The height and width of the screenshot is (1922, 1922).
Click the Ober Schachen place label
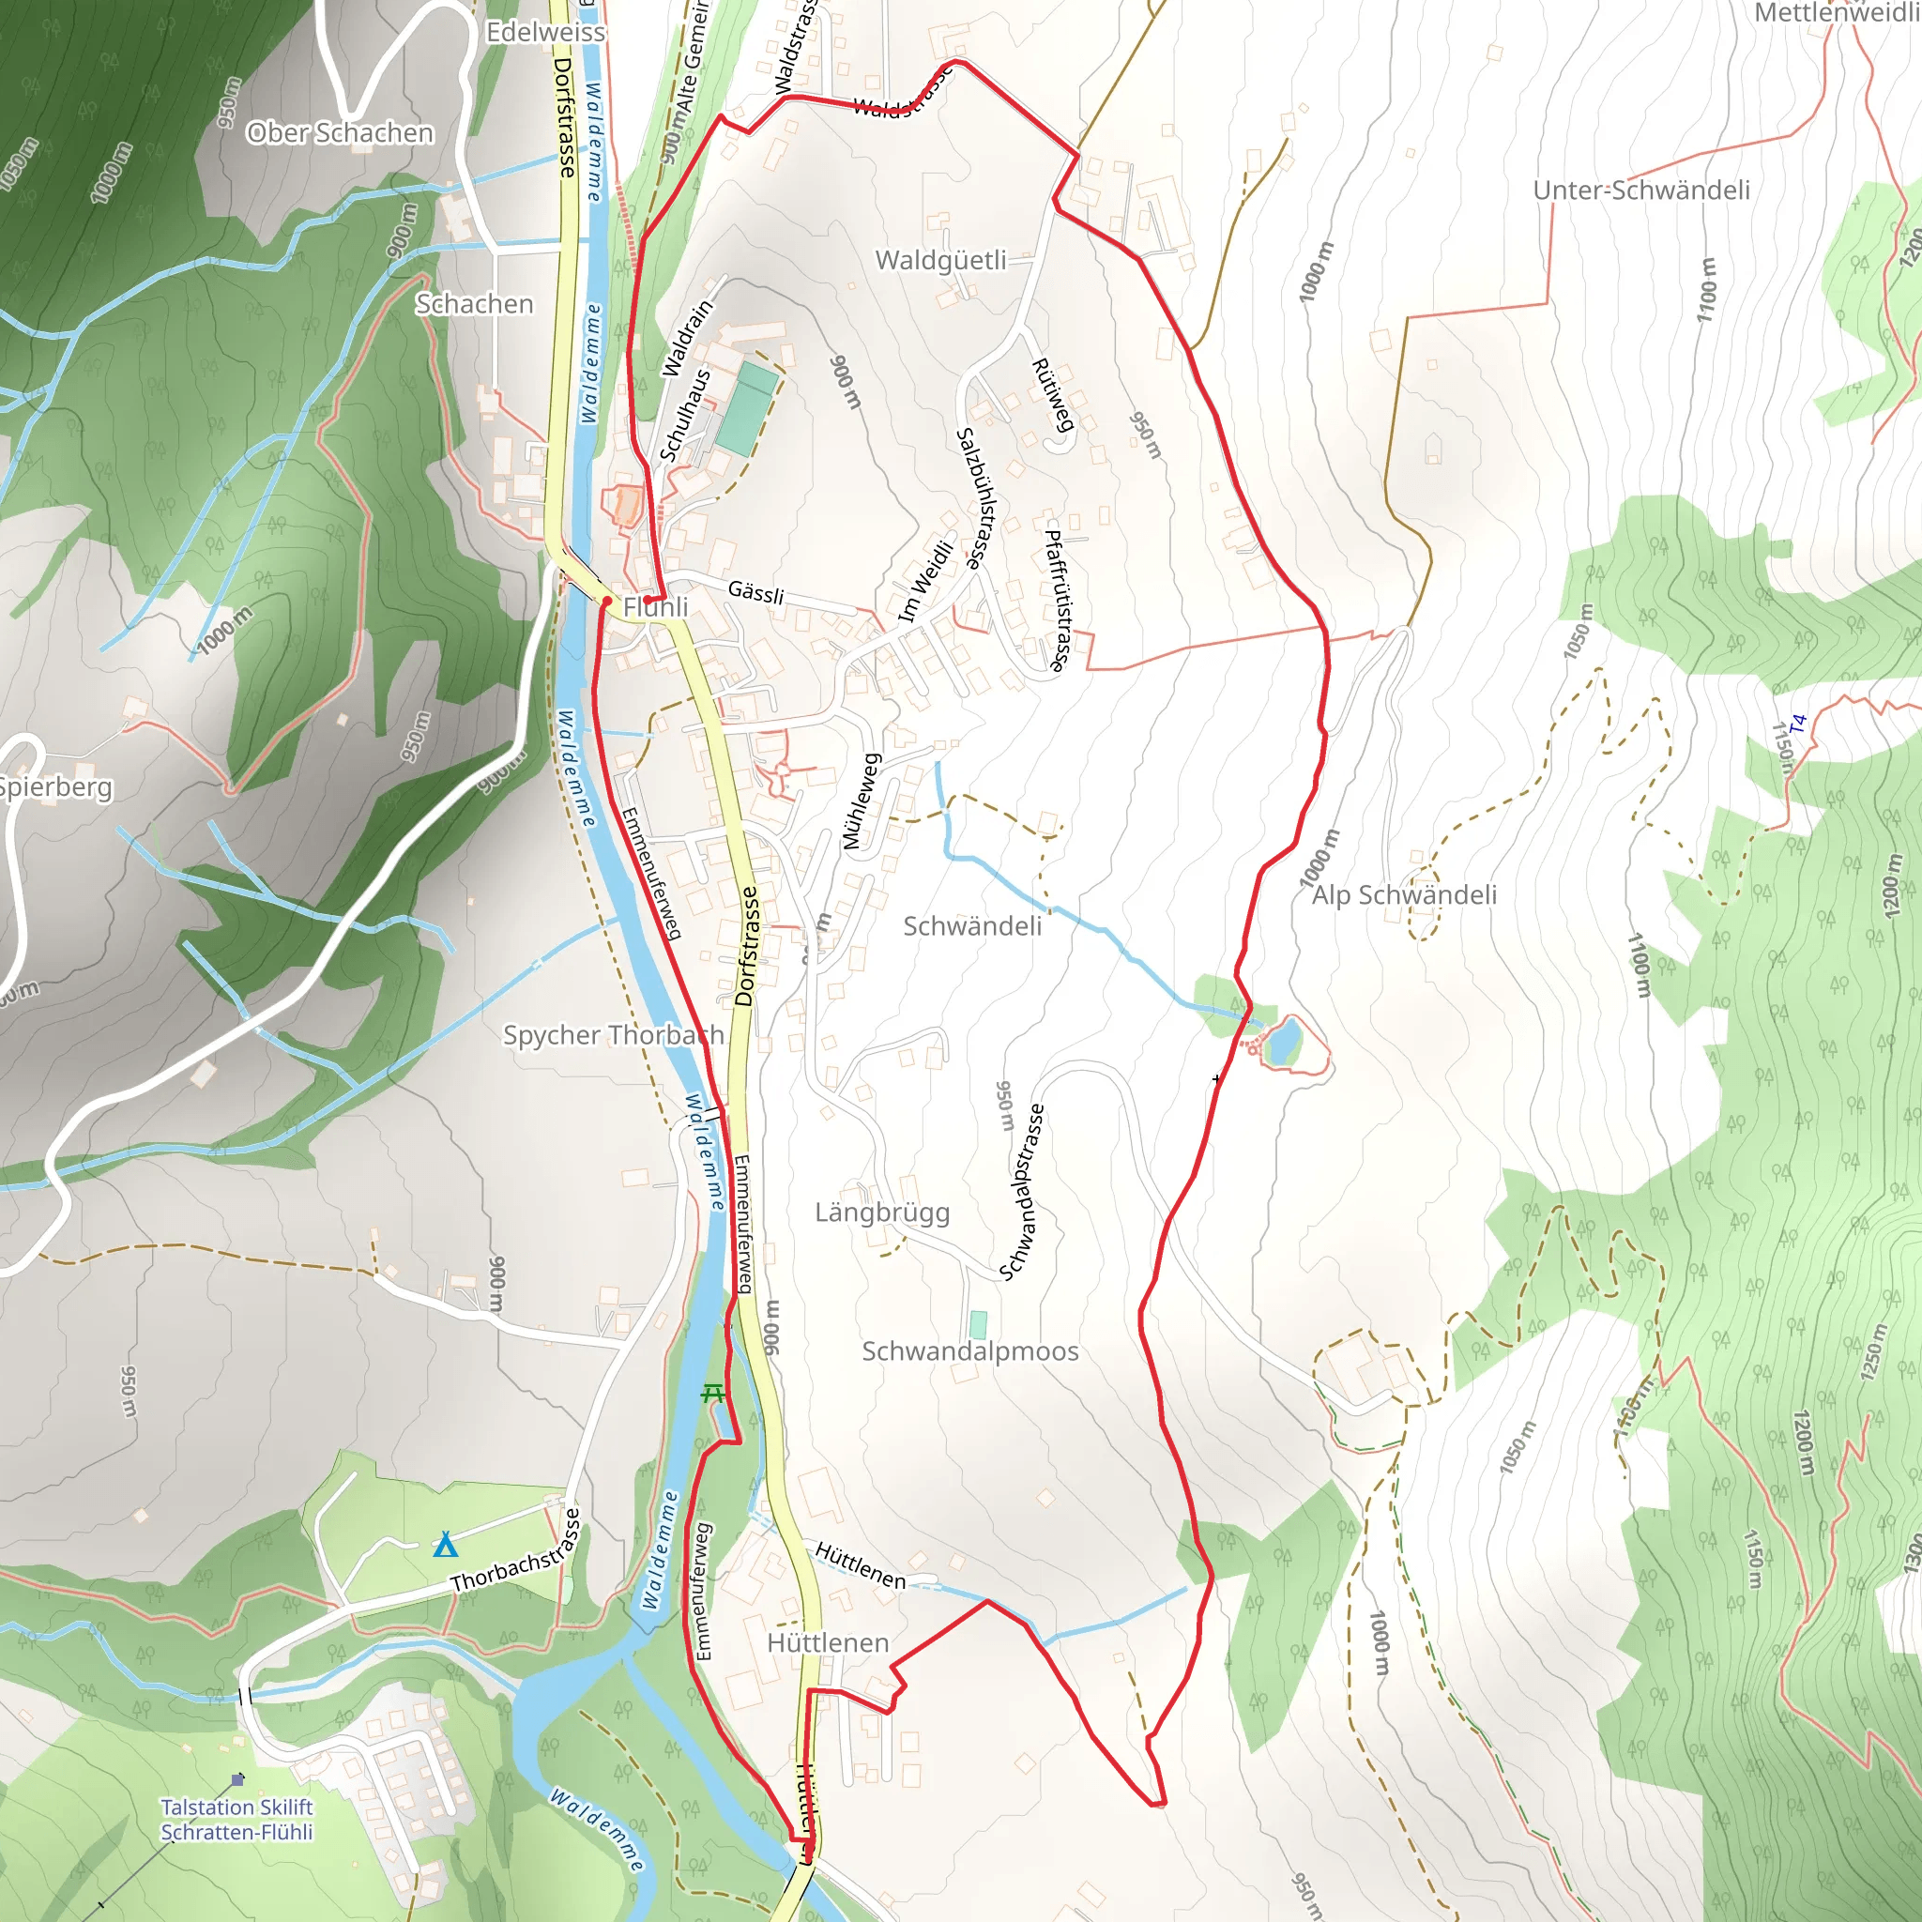tap(341, 132)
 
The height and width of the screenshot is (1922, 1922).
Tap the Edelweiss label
tap(545, 32)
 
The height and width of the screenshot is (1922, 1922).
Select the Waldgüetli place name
tap(940, 261)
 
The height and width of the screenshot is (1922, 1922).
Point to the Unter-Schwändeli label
tap(1641, 190)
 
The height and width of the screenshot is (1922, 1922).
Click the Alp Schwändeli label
tap(1404, 895)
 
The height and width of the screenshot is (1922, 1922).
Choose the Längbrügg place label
tap(882, 1213)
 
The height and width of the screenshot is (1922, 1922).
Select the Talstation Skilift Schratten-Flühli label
tap(236, 1820)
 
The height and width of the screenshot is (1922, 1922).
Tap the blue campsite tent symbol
tap(446, 1546)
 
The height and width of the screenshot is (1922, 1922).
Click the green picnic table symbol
tap(712, 1394)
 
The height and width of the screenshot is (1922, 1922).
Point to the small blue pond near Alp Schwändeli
tap(1282, 1041)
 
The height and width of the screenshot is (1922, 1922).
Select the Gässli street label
tap(756, 592)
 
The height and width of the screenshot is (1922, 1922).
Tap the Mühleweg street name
tap(862, 801)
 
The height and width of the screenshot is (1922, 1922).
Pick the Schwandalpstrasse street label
tap(1022, 1192)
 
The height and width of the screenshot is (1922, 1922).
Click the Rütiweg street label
tap(1053, 395)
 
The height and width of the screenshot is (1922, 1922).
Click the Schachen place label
tap(474, 303)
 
